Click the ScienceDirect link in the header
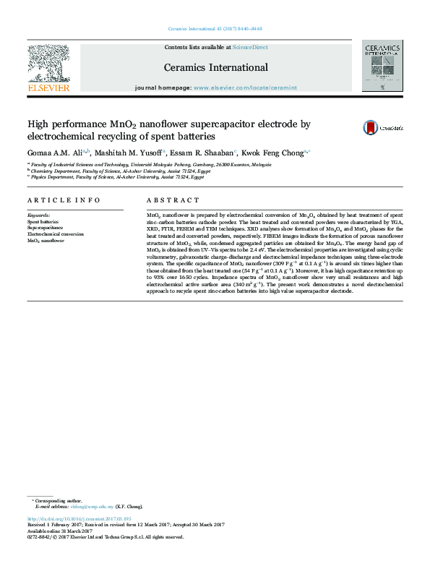250,47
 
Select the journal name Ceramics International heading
215,68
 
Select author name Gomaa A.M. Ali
54,153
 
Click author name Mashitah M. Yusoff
129,153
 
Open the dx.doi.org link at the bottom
79,519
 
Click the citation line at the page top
215,29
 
